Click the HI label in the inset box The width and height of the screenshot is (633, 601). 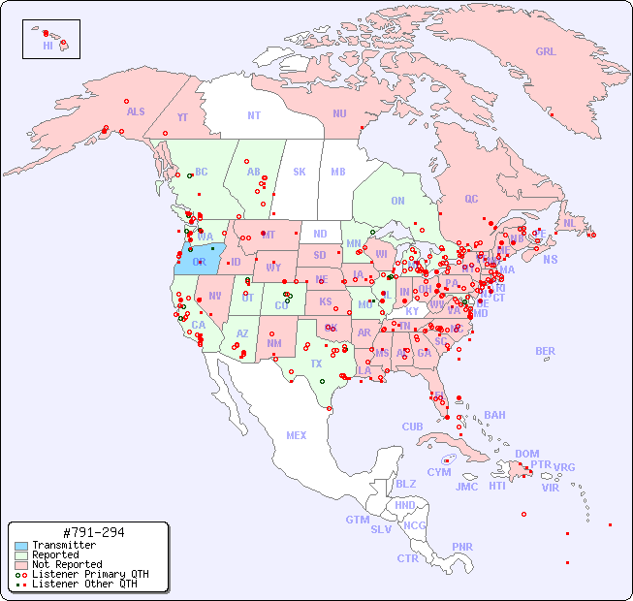tap(47, 46)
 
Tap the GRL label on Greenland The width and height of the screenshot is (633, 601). tap(546, 52)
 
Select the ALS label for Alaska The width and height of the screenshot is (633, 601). tap(136, 111)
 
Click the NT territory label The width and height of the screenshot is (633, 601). tap(253, 115)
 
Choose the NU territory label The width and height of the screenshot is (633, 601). tap(339, 113)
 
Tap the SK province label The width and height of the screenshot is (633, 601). tap(300, 172)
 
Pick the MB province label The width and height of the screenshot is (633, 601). tap(338, 172)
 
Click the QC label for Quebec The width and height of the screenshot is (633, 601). tap(471, 199)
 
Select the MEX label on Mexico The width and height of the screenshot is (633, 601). tap(297, 435)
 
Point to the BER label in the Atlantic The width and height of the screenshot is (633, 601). tap(545, 351)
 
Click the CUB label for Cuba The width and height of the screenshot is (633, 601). tap(412, 427)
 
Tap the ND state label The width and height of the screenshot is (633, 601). tap(320, 234)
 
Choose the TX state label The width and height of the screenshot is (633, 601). tap(316, 364)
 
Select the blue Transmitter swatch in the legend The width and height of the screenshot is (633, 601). tap(20, 545)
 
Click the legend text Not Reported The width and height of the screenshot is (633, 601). tap(66, 564)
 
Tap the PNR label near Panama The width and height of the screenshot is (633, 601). tap(462, 547)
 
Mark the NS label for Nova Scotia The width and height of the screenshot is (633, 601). tap(550, 259)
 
